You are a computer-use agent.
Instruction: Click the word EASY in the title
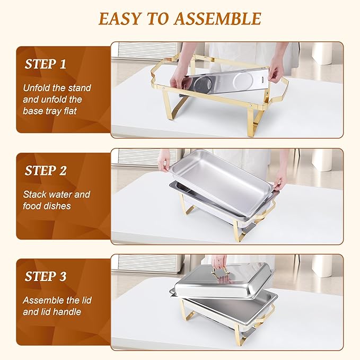click(x=119, y=19)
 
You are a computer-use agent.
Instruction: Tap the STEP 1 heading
click(x=46, y=65)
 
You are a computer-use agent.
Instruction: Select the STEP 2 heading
click(x=46, y=171)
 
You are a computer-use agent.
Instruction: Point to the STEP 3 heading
click(x=46, y=276)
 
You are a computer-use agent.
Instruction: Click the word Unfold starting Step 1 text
click(x=36, y=88)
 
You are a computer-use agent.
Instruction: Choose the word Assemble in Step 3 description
click(x=44, y=300)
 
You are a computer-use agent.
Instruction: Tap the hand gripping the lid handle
click(x=219, y=261)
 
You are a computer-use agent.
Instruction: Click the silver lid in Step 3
click(x=223, y=284)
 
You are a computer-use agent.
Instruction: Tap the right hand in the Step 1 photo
click(x=275, y=73)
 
